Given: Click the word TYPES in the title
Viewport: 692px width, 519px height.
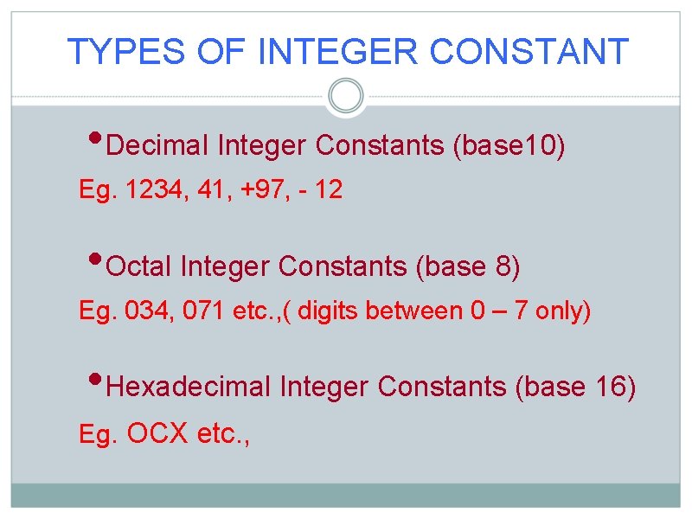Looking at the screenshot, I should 125,52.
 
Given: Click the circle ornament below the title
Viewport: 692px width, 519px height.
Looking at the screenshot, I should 347,96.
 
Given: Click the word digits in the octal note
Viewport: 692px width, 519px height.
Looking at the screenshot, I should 329,311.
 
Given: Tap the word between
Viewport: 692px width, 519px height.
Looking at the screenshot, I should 415,311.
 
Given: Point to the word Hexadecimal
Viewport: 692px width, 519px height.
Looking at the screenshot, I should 189,387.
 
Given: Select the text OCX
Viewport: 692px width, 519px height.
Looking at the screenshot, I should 157,432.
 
